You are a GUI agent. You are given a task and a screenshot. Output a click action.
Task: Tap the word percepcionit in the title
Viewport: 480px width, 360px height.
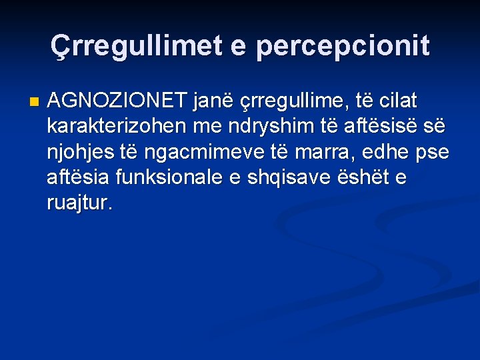[x=343, y=47]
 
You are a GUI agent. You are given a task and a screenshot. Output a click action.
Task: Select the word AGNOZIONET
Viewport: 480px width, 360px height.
[x=118, y=101]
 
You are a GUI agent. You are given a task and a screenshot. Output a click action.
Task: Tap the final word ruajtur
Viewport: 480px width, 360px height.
[x=78, y=204]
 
